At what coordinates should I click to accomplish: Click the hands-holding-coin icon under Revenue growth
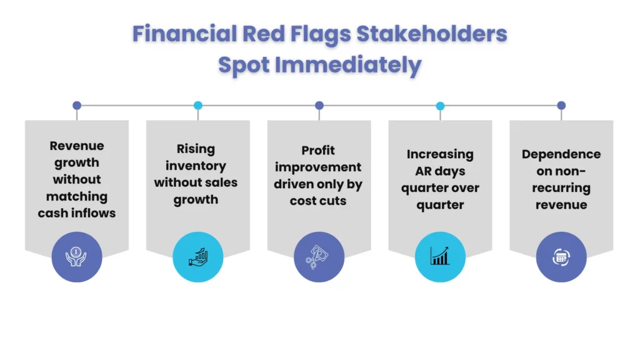77,257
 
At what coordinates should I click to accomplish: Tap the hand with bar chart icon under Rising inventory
198,257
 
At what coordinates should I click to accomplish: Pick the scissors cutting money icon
319,257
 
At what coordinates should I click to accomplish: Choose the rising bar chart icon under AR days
440,257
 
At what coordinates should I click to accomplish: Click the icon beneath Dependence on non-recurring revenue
561,257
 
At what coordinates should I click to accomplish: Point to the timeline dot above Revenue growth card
77,106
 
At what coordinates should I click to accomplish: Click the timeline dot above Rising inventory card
198,106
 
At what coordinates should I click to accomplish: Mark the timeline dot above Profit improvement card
319,106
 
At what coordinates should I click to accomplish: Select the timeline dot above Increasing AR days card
440,106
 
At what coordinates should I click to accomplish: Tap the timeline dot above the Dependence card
561,106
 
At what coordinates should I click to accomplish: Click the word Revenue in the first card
77,146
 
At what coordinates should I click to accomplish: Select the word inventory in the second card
196,166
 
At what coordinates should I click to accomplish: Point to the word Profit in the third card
318,151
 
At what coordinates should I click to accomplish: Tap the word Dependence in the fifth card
561,154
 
